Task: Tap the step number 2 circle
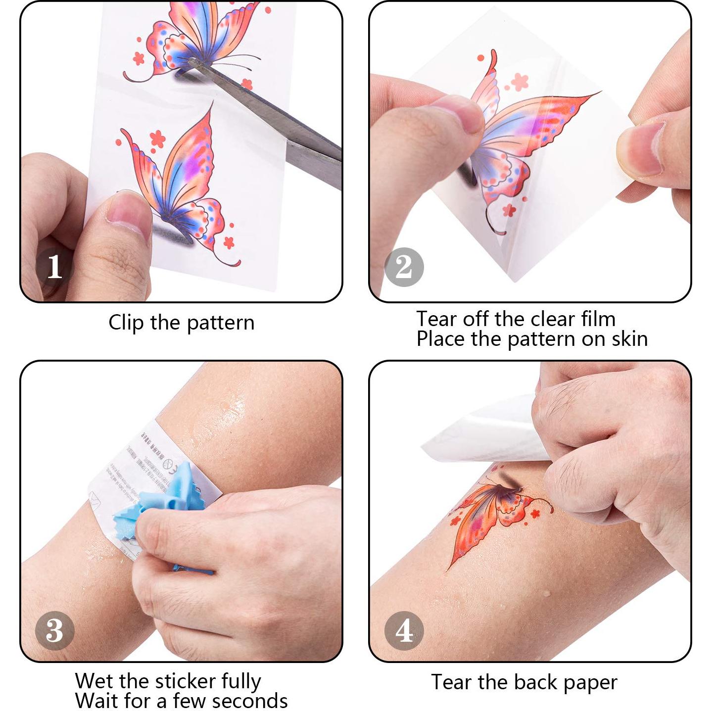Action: tap(404, 267)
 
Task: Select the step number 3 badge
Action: tap(55, 630)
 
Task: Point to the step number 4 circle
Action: tap(404, 630)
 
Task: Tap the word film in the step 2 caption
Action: tap(598, 319)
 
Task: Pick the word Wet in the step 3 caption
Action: tap(95, 681)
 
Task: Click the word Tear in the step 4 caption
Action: tap(451, 682)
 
